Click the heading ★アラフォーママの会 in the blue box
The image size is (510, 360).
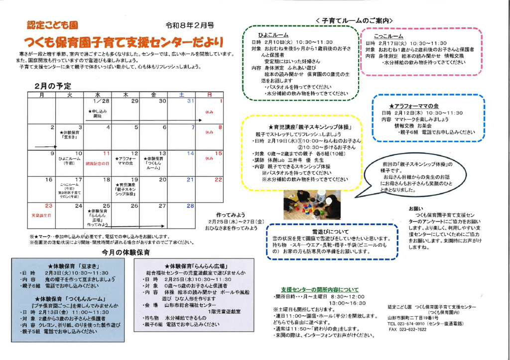pos(413,106)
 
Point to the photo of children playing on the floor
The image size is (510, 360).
pos(312,204)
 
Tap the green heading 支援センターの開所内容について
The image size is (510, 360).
pos(319,289)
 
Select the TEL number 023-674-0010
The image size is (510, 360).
pos(406,324)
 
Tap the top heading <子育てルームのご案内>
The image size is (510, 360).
pos(354,21)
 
